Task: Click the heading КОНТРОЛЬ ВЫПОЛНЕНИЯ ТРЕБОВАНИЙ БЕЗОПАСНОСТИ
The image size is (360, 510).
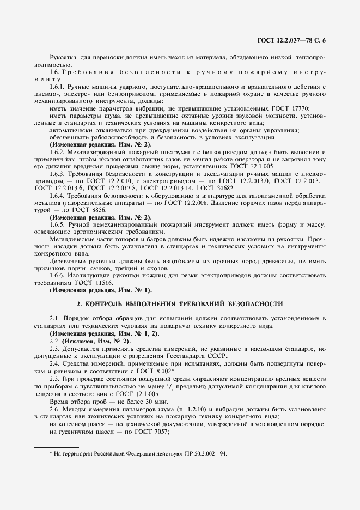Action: pyautogui.click(x=180, y=303)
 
